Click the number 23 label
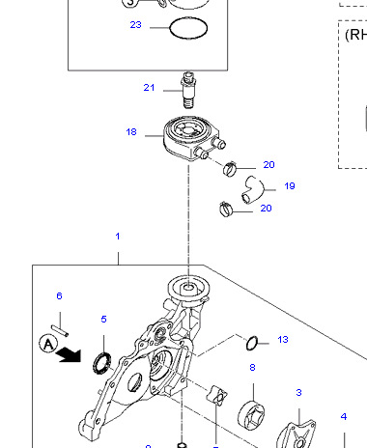[x=135, y=24]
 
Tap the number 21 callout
[x=149, y=88]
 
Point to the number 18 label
[x=131, y=132]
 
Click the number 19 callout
[x=289, y=185]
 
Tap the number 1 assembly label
[x=118, y=237]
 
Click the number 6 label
[x=59, y=295]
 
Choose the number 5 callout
[x=103, y=319]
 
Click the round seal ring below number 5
[x=98, y=363]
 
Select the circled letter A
[x=46, y=342]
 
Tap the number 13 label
[x=283, y=339]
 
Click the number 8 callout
[x=252, y=368]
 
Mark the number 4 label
[x=343, y=416]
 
